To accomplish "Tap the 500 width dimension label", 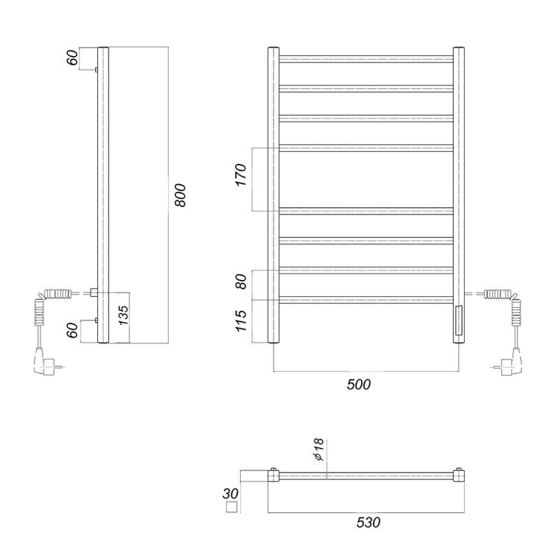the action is (358, 384).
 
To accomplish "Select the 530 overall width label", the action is (368, 522).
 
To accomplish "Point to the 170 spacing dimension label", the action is (241, 174).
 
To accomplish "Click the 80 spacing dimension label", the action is (241, 281).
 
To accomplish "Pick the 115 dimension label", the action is (241, 321).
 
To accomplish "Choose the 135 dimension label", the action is (123, 315).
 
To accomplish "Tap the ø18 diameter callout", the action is (318, 449).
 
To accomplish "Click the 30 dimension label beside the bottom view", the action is (230, 494).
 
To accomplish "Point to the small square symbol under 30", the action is (232, 507).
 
